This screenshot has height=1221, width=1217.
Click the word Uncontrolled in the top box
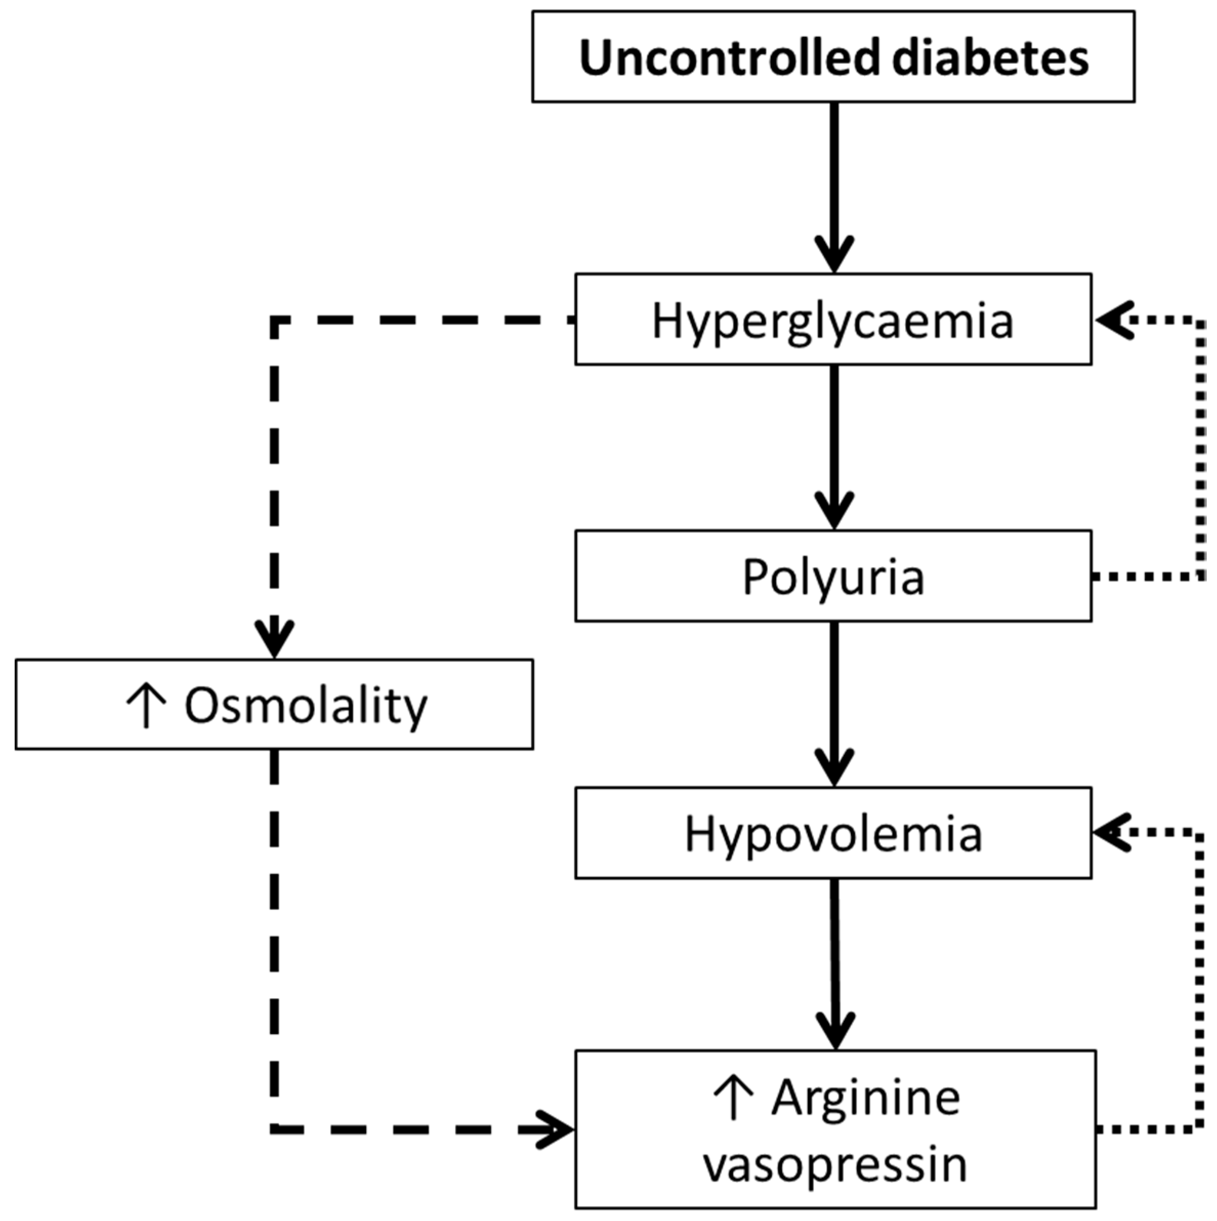[728, 58]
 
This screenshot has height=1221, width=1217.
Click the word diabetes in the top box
[990, 58]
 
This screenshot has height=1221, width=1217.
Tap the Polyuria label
[833, 577]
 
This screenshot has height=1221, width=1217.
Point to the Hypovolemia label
[833, 835]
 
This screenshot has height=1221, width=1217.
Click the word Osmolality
[306, 707]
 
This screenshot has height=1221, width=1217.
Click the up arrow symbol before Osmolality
[146, 707]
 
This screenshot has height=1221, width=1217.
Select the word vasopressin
[835, 1165]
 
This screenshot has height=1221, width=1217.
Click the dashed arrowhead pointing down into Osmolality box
[274, 638]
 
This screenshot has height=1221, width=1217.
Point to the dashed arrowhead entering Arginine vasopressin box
[556, 1129]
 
